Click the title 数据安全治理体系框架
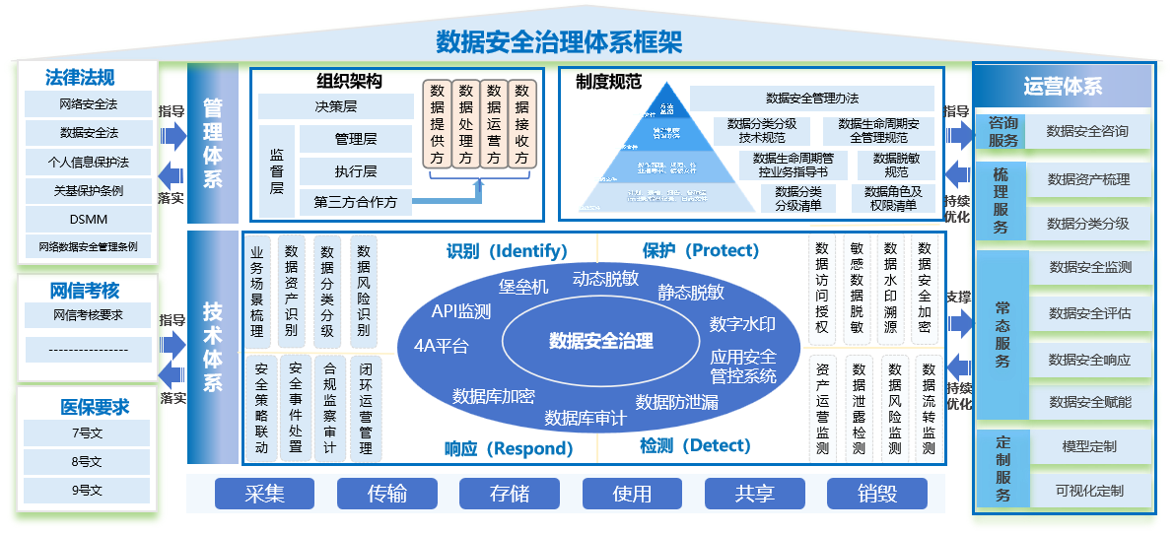tap(559, 41)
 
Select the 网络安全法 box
tap(89, 103)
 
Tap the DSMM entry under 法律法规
tap(89, 219)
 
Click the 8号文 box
tap(87, 461)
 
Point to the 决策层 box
tap(336, 106)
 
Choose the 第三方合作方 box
tap(355, 202)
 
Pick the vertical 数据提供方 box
tap(436, 125)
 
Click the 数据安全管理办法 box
tap(811, 99)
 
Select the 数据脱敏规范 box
tap(895, 165)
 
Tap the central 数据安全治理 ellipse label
tap(600, 341)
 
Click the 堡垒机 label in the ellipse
tap(523, 287)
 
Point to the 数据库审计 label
tap(586, 418)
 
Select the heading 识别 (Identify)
tap(506, 250)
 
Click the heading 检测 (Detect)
tap(695, 446)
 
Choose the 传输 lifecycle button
tap(386, 494)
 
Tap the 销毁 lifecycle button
tap(875, 494)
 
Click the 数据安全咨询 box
tap(1087, 131)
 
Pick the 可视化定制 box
tap(1089, 491)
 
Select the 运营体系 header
tap(1063, 87)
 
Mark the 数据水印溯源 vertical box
tap(891, 289)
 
